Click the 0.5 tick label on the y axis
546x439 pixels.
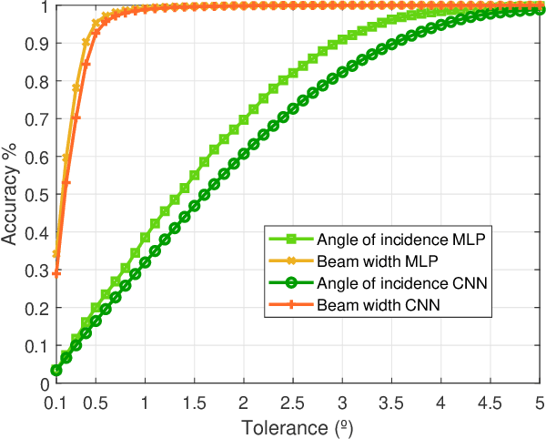[x=36, y=195]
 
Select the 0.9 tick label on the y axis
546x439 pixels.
[x=36, y=44]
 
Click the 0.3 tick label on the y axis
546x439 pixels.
[x=36, y=271]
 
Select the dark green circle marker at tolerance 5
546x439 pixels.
[x=540, y=11]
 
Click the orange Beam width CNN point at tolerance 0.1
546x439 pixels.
[x=56, y=273]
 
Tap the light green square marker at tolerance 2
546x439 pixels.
[x=244, y=120]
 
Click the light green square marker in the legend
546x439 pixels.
[x=289, y=240]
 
